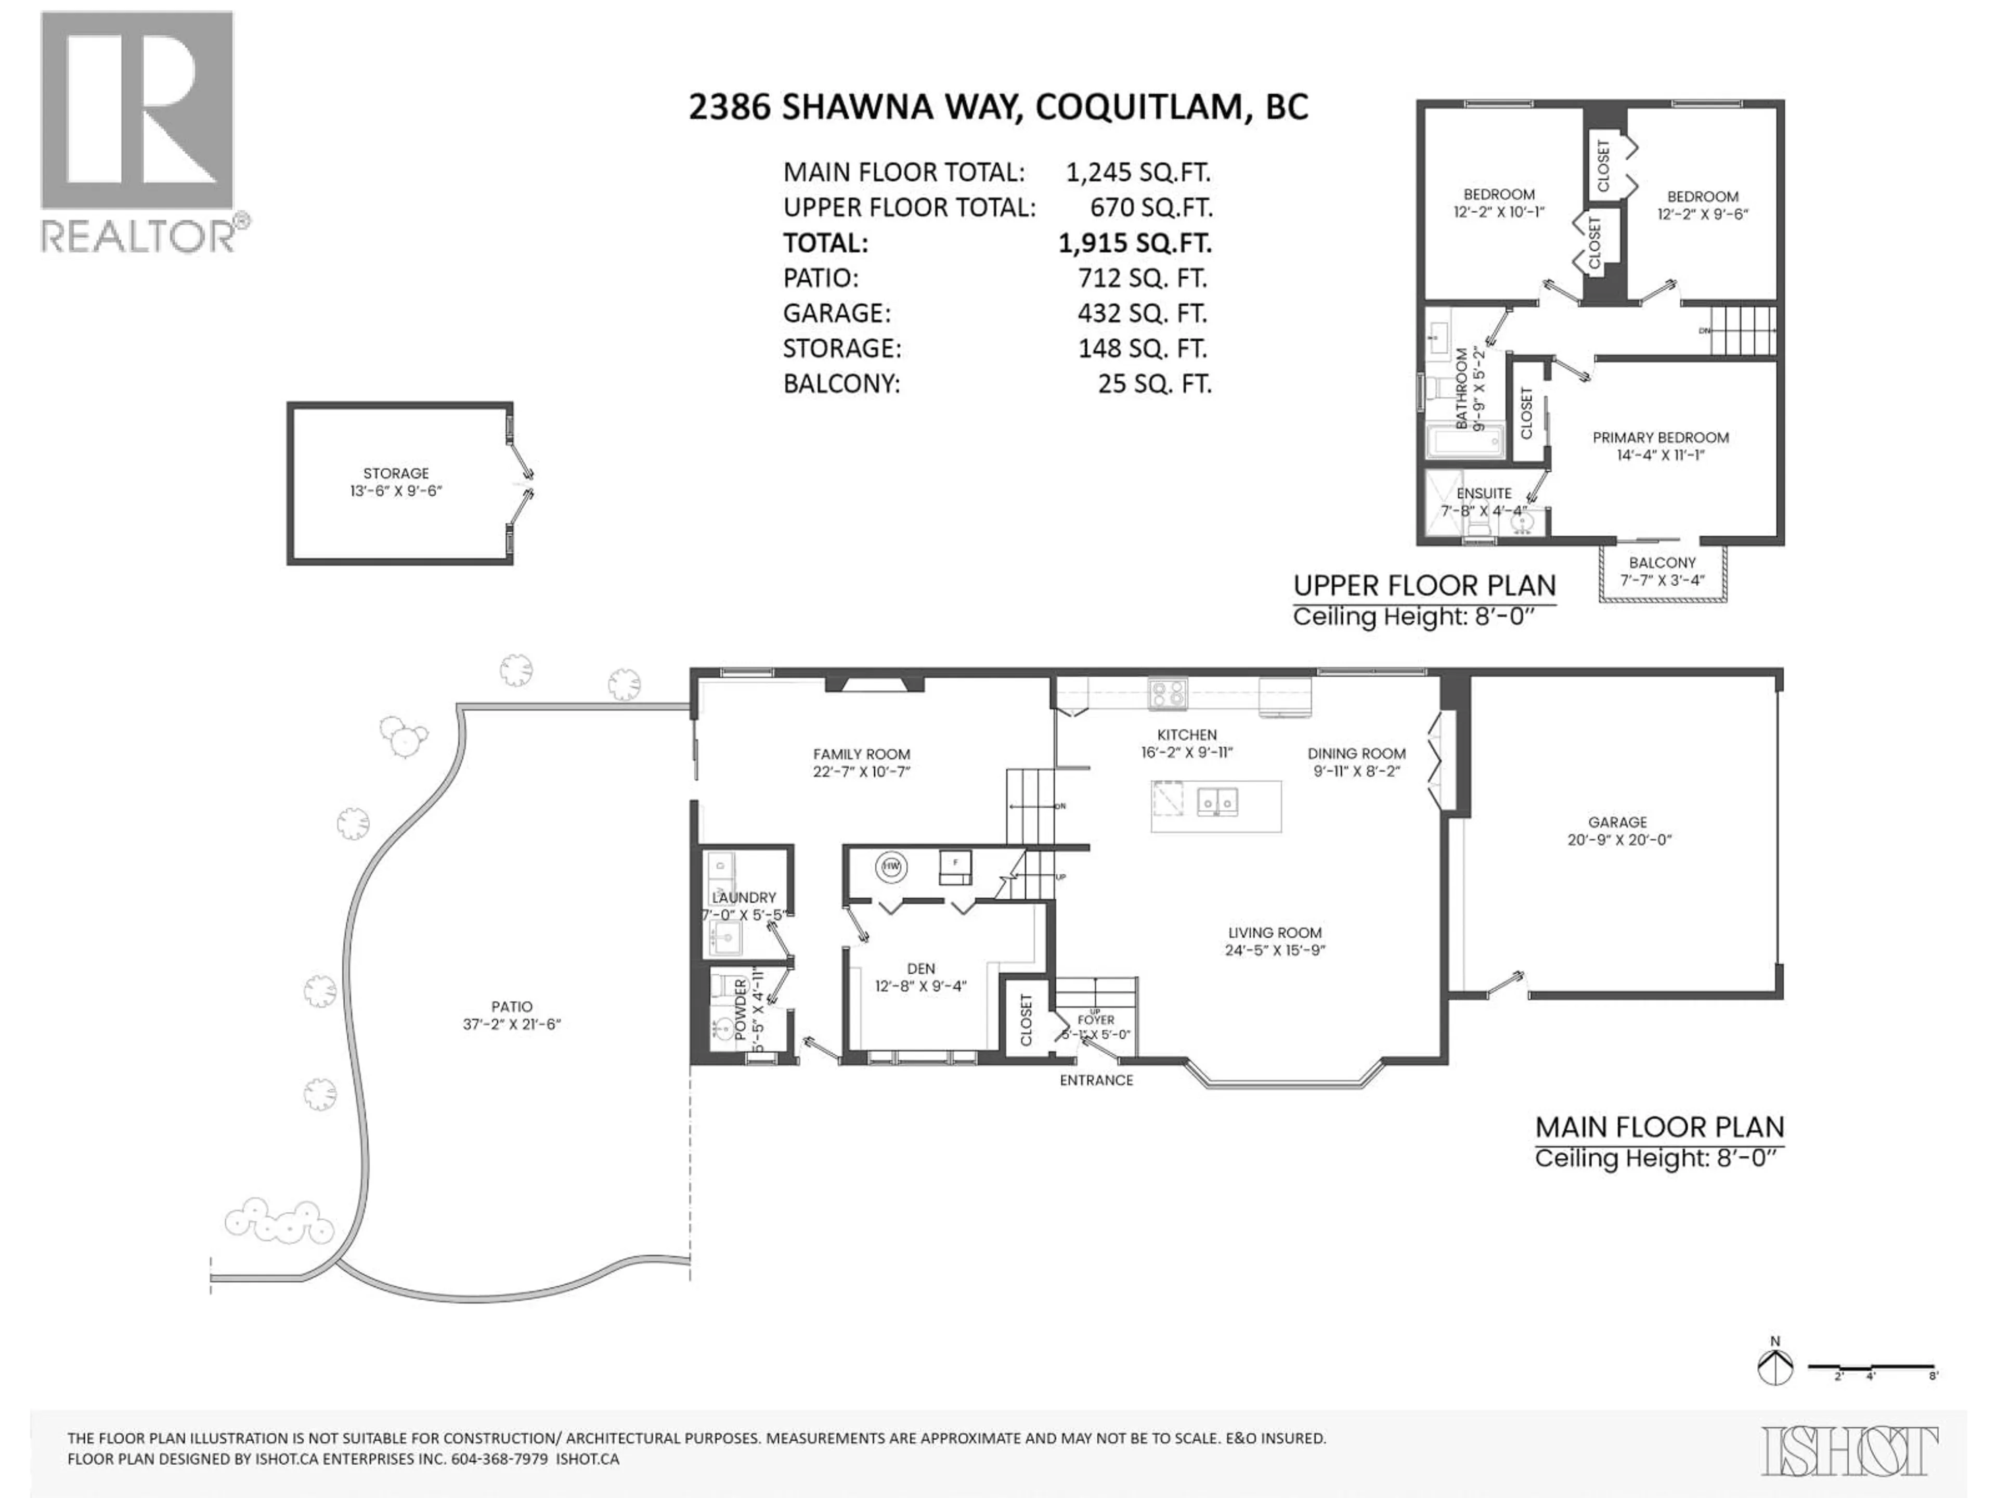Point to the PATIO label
click(x=512, y=1006)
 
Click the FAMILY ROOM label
click(x=861, y=754)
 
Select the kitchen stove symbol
click(x=1168, y=693)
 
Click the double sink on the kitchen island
click(x=1217, y=801)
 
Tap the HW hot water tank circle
click(x=891, y=868)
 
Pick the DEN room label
click(x=921, y=968)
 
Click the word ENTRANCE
click(x=1096, y=1080)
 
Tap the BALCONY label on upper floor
click(x=1662, y=563)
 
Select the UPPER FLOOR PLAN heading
click(x=1424, y=586)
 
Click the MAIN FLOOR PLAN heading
click(x=1659, y=1127)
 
